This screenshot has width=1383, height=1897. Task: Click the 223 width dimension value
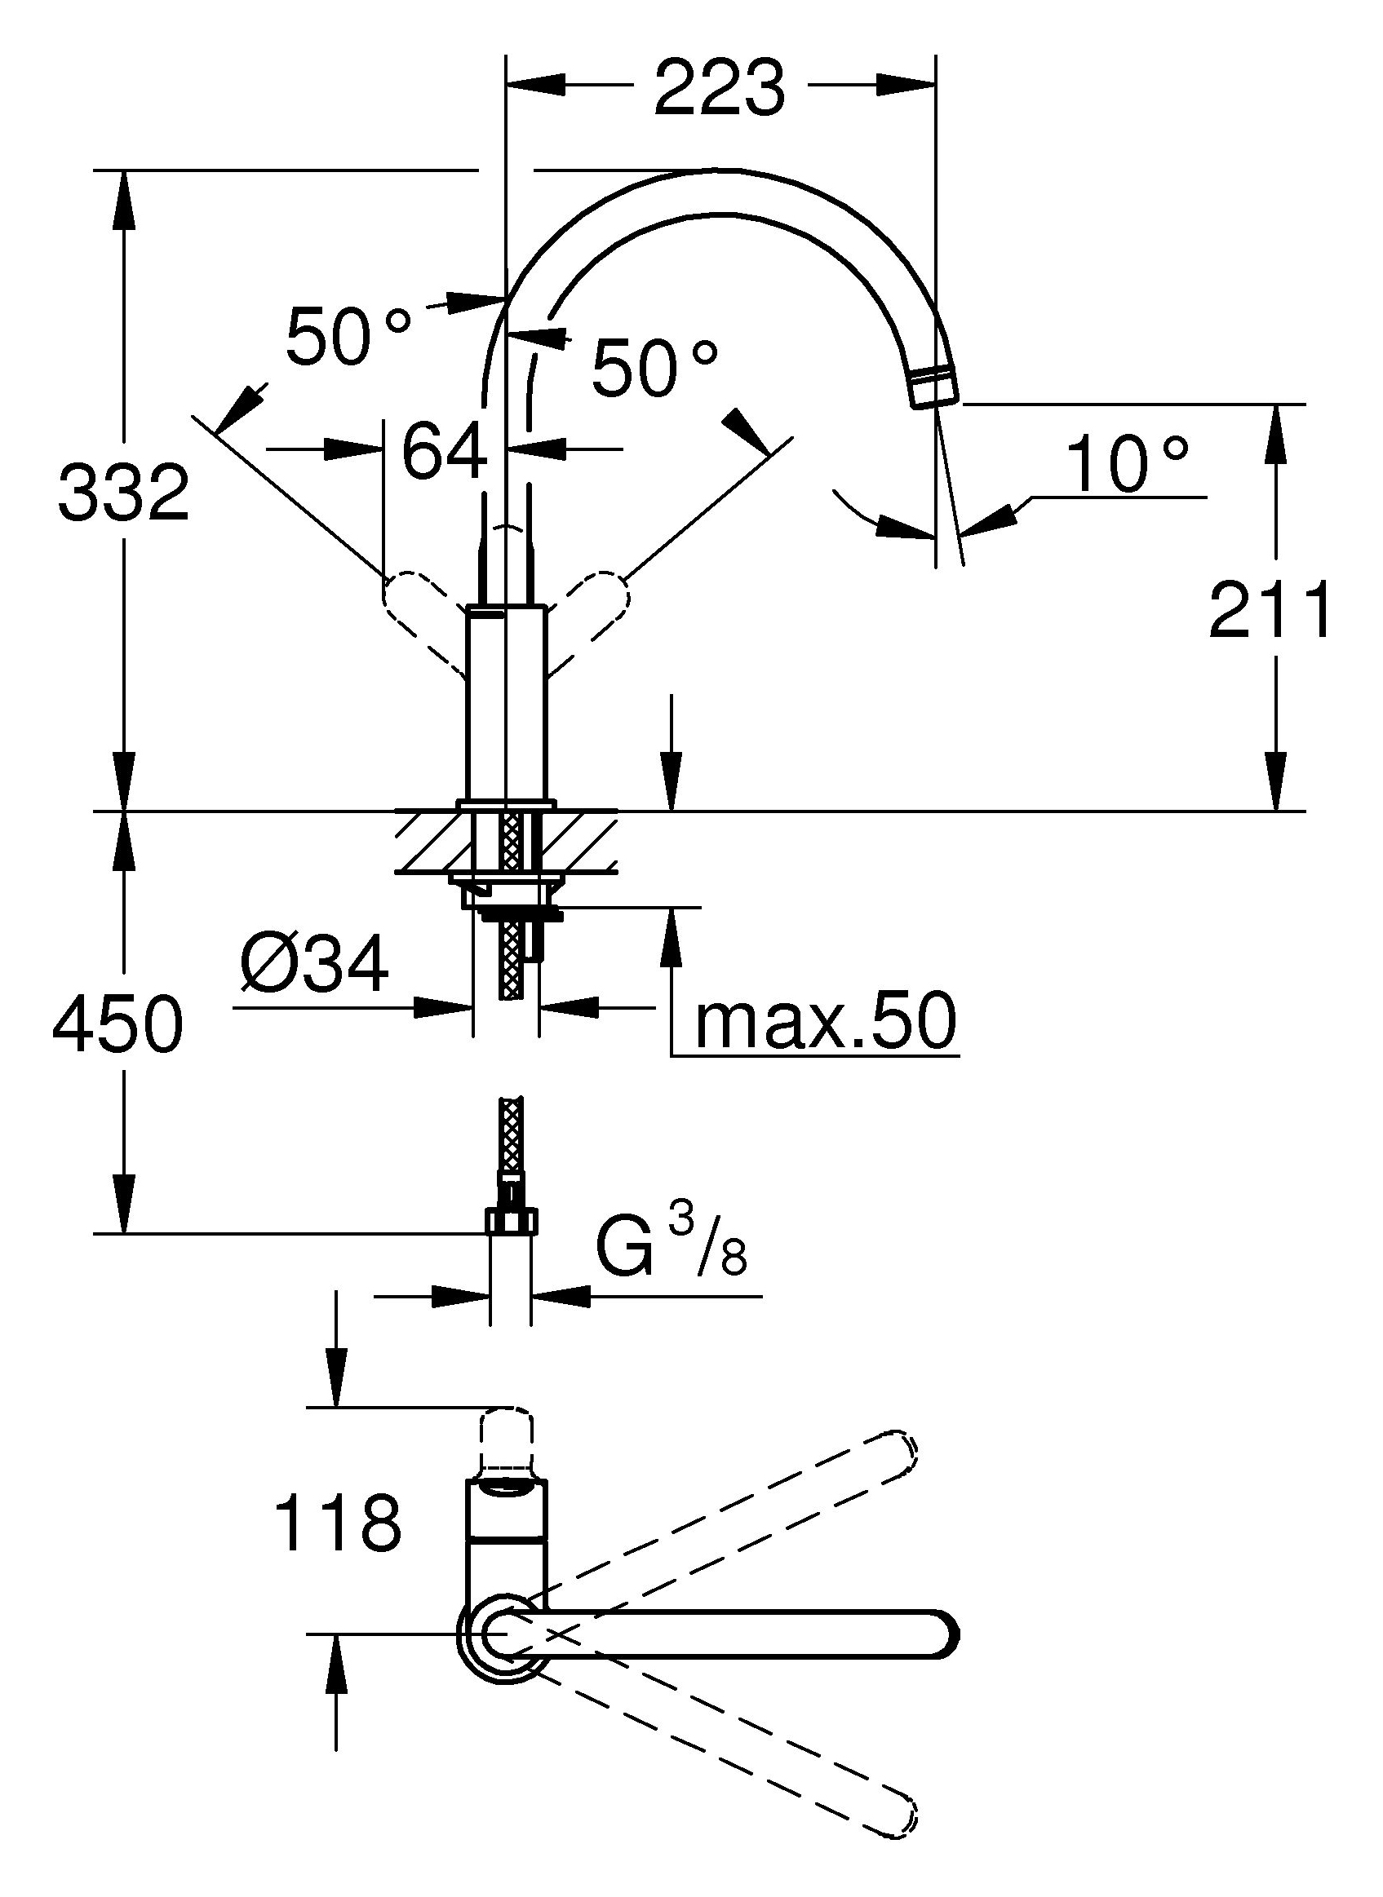coord(720,87)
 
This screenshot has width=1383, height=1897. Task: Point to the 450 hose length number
coord(117,1024)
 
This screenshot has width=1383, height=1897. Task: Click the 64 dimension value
coord(445,449)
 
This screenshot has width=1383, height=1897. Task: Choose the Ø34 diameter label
coord(314,964)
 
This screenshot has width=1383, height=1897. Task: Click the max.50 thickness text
coord(826,1022)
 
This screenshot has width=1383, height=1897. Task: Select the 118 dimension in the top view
coord(339,1522)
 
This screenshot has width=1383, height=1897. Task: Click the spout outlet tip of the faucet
coord(936,387)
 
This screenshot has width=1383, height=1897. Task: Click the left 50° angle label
coord(349,334)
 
